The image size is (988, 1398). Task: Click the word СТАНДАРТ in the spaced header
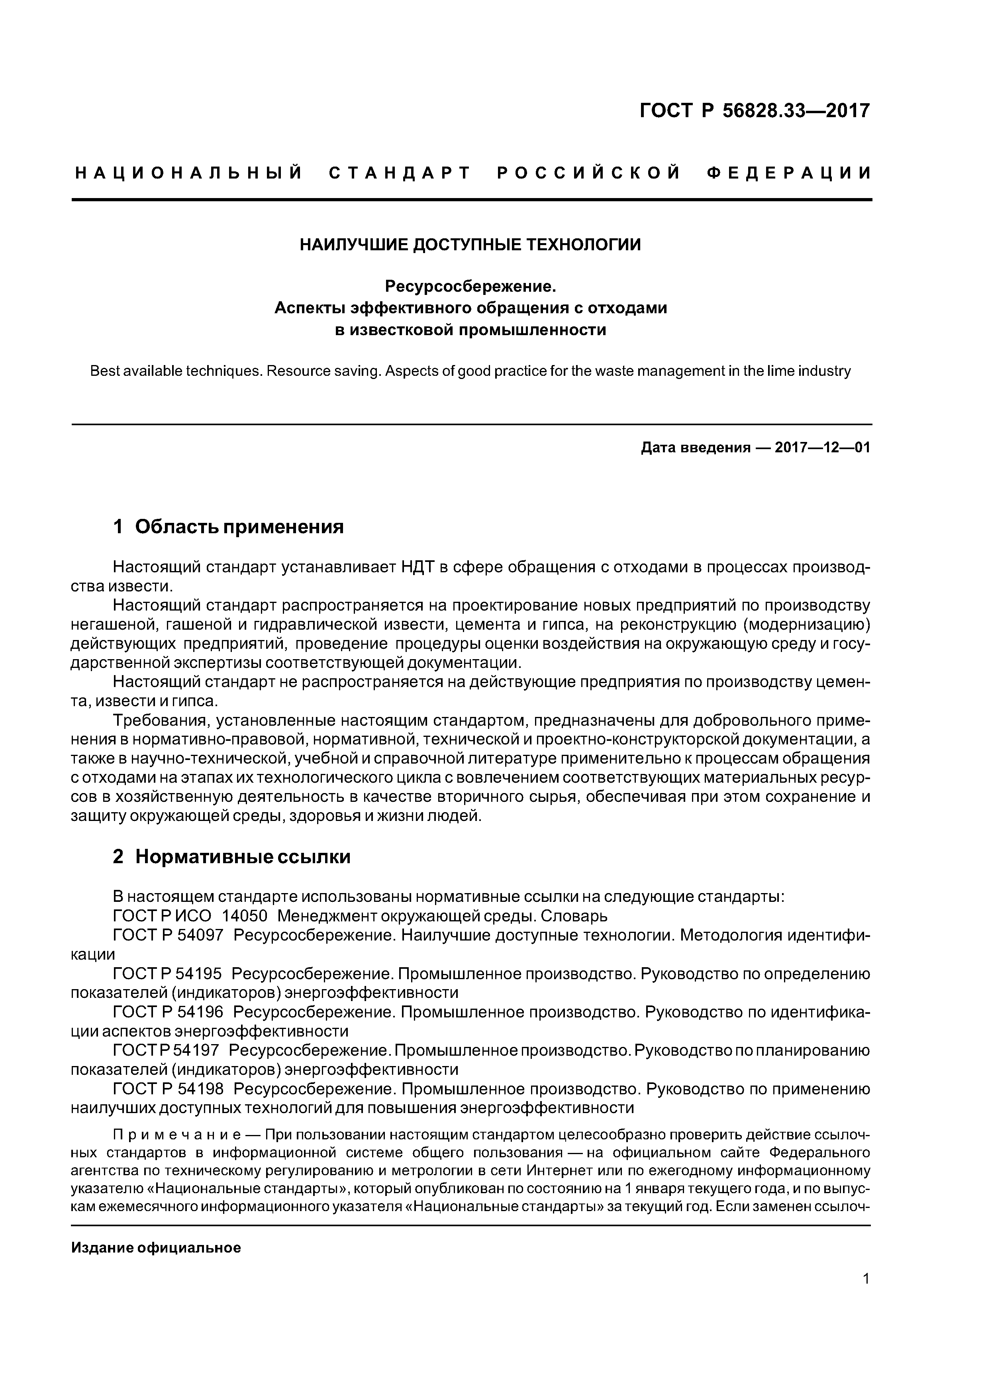(x=400, y=173)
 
